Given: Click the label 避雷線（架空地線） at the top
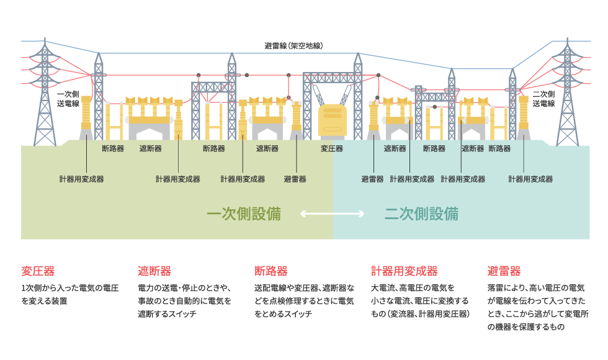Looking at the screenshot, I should pos(293,46).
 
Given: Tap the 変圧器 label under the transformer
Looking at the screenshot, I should pos(332,148).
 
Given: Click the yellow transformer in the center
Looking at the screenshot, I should pos(333,120).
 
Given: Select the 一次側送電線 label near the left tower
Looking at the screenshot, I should pos(68,99).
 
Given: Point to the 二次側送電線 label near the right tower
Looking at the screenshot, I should pos(543,99).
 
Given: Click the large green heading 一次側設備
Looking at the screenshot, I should pos(244,215).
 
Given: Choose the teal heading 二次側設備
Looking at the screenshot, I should pos(421,215).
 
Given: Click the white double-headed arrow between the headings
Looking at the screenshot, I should pos(333,214).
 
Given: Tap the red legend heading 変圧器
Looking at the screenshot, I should pos(38,271).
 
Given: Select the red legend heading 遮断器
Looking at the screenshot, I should pos(154,271).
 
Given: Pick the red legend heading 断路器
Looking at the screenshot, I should pos(271,271).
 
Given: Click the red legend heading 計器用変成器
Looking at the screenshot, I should pos(404,271).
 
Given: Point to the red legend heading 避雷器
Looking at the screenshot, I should pos(504,271).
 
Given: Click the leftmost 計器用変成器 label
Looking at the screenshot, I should pos(81,179).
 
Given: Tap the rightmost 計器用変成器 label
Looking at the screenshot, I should pos(530,179).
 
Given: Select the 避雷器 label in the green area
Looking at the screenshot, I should pos(295,179).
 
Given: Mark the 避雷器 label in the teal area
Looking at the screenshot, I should pos(372,179).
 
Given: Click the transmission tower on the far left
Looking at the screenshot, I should pos(45,93).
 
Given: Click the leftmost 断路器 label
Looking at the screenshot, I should pos(113,148).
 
